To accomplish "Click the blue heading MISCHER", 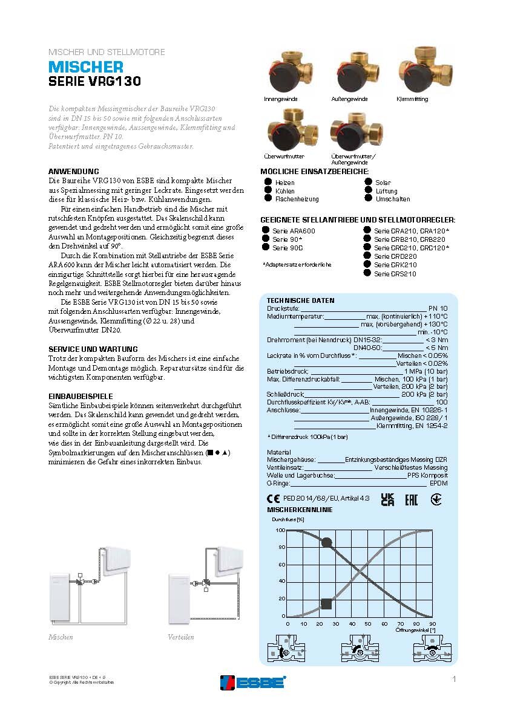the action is point(86,67).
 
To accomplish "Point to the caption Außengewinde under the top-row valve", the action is point(349,99).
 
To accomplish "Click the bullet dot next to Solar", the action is point(369,182).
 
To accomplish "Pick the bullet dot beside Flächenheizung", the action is point(268,198).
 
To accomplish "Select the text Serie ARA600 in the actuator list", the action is point(294,231).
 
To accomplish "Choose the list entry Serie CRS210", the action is point(395,274).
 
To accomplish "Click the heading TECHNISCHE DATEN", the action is point(300,300).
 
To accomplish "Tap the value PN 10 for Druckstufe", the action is point(438,308).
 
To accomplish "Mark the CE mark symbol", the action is point(273,499).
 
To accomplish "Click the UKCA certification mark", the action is point(387,499).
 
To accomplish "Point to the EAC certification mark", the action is point(411,499).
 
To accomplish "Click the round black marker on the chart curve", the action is point(327,542).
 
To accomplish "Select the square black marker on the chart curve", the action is point(326,604).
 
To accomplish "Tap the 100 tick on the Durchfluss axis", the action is point(280,530).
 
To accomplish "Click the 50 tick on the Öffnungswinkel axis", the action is point(368,624).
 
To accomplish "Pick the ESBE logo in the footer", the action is point(252,682).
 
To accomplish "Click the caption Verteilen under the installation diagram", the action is point(181,637).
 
